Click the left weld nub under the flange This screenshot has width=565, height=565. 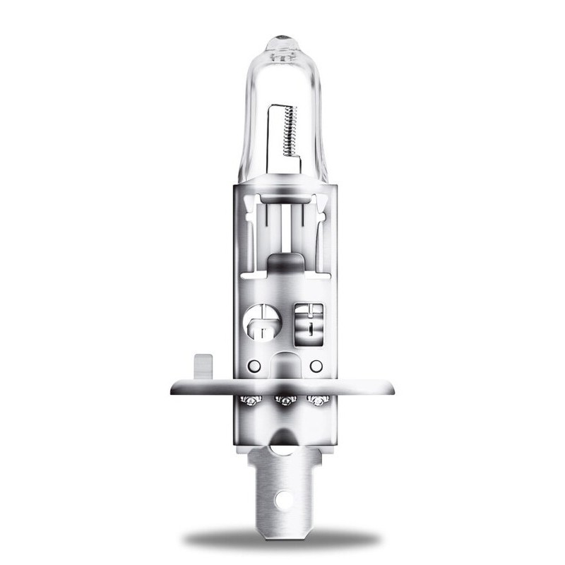[250, 400]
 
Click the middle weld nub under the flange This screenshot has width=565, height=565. [284, 401]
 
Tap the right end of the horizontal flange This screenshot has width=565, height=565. [390, 387]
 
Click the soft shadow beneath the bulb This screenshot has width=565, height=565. [282, 540]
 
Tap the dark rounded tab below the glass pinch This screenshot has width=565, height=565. [283, 265]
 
